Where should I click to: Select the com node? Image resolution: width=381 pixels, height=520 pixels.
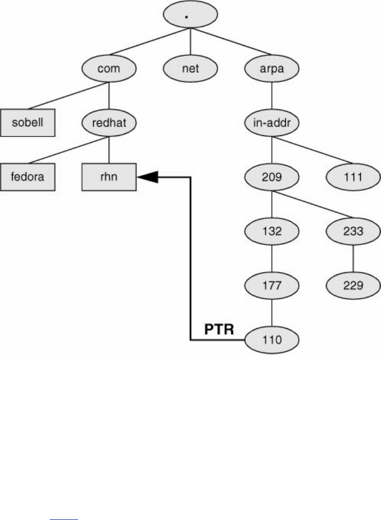point(109,68)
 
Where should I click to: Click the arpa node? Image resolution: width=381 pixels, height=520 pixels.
point(271,68)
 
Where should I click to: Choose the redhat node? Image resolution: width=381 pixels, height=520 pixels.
point(109,123)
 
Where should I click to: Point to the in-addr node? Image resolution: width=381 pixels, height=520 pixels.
point(271,123)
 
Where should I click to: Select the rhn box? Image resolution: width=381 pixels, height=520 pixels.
point(109,177)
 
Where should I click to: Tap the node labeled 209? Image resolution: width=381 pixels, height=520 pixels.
point(271,177)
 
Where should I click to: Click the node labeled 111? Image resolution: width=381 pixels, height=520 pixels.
point(353,177)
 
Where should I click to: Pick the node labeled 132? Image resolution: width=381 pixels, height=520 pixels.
point(271,231)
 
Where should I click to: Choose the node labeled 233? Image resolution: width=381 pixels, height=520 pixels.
point(353,231)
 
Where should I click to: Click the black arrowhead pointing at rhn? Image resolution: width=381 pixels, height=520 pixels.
point(149,177)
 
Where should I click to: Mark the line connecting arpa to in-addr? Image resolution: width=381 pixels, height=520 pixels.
point(271,96)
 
